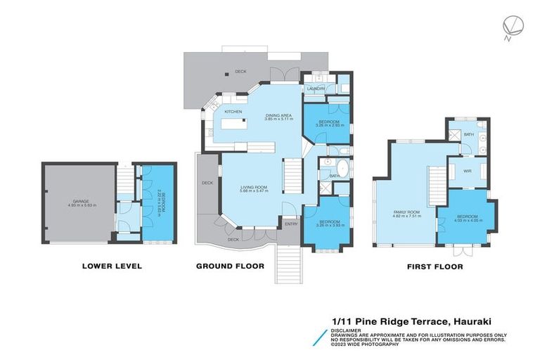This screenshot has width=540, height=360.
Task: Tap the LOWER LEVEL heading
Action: point(112,266)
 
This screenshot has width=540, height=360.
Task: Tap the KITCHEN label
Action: point(233,112)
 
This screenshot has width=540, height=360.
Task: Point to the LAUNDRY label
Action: point(314,89)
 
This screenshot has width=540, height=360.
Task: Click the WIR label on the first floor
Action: point(467,169)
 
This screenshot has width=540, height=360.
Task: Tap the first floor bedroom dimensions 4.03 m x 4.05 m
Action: point(468,219)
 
